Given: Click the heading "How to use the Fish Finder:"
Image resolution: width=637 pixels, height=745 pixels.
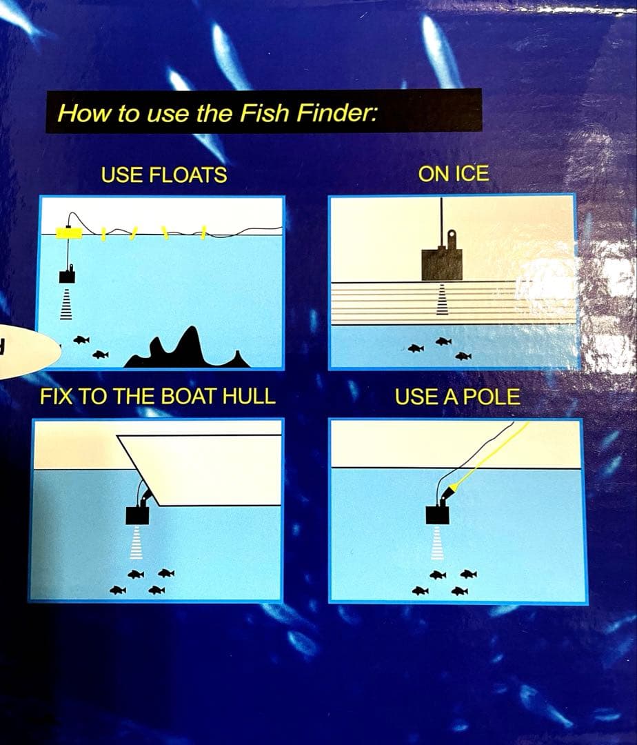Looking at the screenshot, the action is click(217, 112).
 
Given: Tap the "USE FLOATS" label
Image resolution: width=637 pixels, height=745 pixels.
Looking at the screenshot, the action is click(164, 175).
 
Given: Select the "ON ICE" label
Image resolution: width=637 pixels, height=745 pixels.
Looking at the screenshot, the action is click(454, 174).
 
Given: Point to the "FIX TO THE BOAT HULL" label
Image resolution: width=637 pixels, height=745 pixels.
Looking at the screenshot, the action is click(158, 396).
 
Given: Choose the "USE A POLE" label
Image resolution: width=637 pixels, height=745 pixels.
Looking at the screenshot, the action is click(458, 397).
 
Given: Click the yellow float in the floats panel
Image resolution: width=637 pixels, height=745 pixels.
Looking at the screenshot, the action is click(70, 233).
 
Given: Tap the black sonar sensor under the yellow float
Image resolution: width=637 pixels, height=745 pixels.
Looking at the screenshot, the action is click(68, 275).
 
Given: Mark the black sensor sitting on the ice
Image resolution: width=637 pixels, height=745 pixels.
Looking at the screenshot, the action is click(442, 259).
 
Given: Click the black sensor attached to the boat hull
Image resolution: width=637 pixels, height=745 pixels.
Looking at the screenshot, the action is click(138, 514).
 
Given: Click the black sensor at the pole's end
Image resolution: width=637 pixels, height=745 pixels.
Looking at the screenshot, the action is click(438, 513).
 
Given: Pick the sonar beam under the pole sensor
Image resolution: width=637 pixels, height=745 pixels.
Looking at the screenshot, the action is click(437, 544).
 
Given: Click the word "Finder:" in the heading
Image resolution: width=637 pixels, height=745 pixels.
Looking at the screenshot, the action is click(337, 113).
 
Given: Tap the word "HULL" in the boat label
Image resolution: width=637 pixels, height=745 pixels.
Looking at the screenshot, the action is click(249, 396).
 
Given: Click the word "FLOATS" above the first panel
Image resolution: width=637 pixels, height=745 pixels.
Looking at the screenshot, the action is click(188, 175).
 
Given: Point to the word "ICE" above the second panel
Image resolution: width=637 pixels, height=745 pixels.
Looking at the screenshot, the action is click(472, 174).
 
